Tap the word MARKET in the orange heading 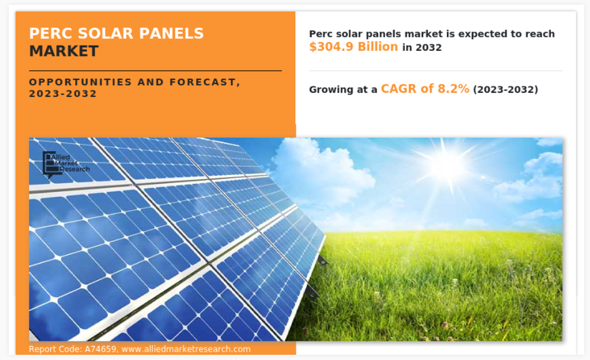tap(64, 51)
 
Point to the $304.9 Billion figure tap(353, 47)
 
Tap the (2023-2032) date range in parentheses tap(505, 89)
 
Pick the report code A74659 tap(100, 349)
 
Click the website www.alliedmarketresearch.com tap(186, 349)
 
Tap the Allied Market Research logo tap(66, 164)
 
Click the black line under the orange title tap(155, 71)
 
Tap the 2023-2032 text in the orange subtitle tap(63, 94)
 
